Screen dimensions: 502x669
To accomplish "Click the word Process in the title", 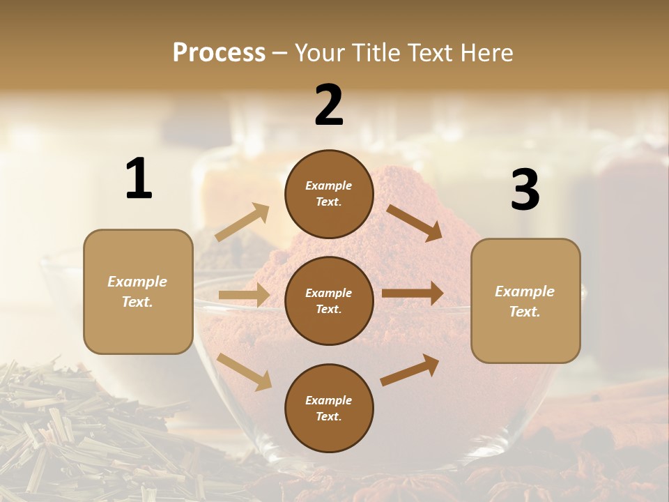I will click(219, 52).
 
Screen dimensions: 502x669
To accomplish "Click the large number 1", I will click(139, 179).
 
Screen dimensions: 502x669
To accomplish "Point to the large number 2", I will click(329, 105).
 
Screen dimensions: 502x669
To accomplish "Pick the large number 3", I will click(525, 190).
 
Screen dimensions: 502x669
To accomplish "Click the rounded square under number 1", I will click(138, 291).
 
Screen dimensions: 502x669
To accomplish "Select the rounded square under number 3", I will click(525, 301).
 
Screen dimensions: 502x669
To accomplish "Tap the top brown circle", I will click(329, 194).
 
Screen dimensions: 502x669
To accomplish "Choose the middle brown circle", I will click(329, 301).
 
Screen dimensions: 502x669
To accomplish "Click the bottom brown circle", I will click(329, 408).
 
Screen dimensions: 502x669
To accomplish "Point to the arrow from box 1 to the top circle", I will click(243, 222).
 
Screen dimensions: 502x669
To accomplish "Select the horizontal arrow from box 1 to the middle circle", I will click(244, 295).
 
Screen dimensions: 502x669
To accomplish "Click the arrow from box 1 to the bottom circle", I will click(244, 372).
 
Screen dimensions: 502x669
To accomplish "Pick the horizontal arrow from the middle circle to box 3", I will click(413, 294).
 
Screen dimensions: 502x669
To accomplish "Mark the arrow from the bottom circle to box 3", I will click(410, 370).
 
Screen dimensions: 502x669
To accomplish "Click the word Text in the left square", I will click(137, 302).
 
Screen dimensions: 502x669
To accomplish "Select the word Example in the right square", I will click(525, 291).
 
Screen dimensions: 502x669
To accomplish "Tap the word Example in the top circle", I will click(329, 185).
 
